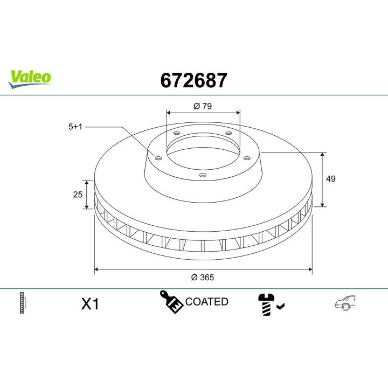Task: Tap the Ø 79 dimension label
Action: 203,106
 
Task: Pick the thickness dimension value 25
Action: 78,194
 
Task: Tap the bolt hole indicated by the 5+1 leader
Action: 158,157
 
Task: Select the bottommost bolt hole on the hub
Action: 203,175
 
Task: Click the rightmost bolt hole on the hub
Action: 247,157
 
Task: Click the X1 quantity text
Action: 90,304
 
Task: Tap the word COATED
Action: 206,302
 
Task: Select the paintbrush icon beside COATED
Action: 171,302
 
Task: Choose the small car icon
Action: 345,303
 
